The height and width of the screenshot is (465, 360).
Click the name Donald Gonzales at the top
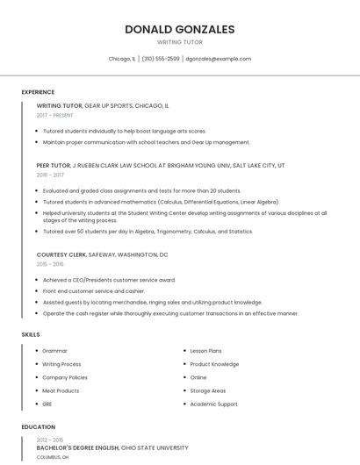(x=179, y=29)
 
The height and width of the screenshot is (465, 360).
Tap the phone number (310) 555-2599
(x=161, y=59)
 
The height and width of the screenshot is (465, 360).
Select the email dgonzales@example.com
(x=219, y=59)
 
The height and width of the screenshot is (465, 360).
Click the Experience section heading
(x=38, y=92)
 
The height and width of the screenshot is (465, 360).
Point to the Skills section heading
(x=31, y=334)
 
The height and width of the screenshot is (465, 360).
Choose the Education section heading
(x=38, y=427)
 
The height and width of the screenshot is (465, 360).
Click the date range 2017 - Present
(x=55, y=115)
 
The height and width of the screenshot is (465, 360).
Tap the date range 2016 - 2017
(x=50, y=175)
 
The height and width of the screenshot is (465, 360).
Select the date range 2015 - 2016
(x=50, y=264)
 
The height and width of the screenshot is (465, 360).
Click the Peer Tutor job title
(x=54, y=165)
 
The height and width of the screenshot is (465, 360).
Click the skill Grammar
(x=54, y=351)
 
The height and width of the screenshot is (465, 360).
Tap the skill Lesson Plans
(x=205, y=351)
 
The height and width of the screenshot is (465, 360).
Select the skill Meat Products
(x=61, y=390)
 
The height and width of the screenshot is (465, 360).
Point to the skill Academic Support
(x=213, y=404)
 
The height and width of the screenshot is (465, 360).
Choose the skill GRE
(x=47, y=404)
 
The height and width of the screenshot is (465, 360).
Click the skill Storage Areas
(x=207, y=390)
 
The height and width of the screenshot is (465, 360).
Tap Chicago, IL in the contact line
(x=122, y=59)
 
